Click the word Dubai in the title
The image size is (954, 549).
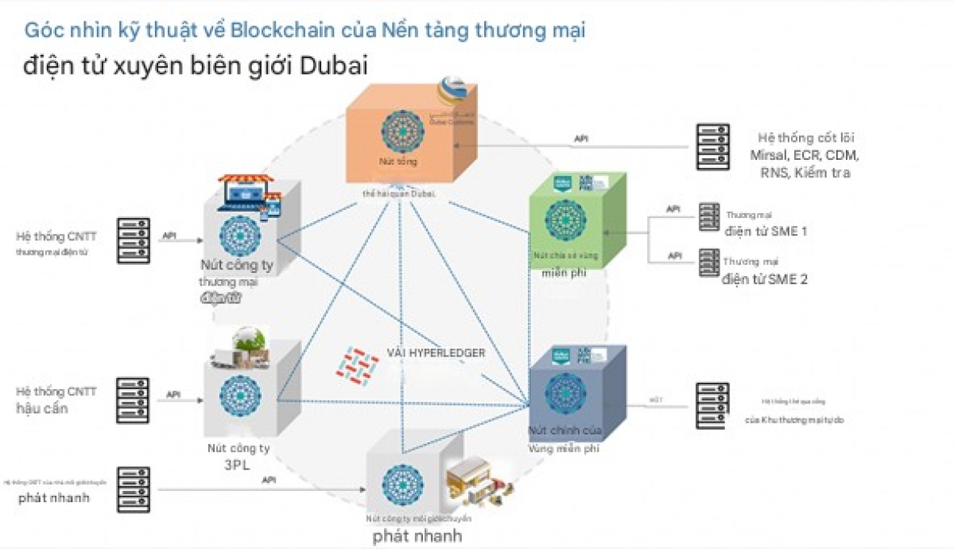334,65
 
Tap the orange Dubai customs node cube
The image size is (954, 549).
409,139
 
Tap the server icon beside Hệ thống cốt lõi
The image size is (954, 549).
712,146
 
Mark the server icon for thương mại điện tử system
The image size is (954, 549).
133,240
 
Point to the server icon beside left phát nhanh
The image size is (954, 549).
133,489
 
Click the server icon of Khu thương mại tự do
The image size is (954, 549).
712,406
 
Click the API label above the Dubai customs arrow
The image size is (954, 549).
582,138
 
